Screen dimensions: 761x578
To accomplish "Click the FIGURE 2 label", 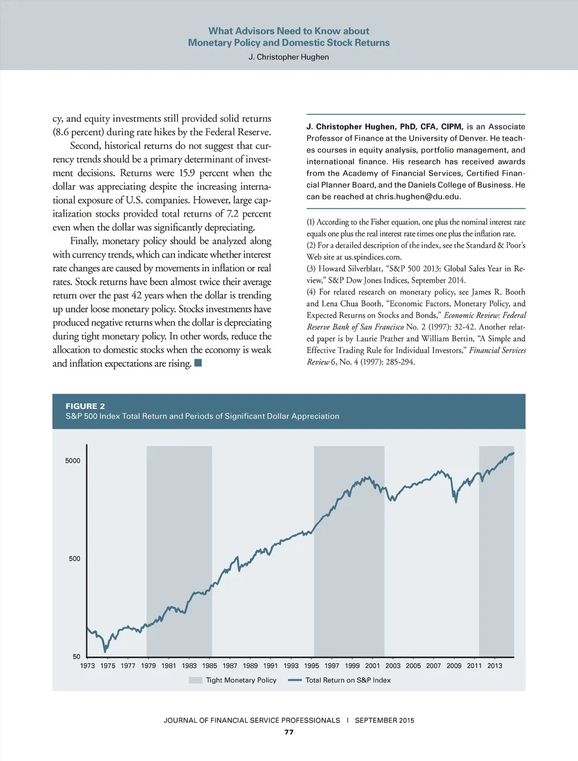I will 85,406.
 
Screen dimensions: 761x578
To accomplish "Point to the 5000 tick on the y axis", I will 73,461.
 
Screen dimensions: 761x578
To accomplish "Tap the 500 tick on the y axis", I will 75,558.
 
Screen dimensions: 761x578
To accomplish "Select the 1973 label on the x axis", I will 87,666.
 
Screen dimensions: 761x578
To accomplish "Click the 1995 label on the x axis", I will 312,666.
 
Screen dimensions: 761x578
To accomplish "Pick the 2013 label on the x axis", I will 494,666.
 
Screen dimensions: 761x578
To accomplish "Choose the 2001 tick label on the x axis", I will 373,666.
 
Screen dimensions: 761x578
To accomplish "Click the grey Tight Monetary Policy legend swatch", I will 195,680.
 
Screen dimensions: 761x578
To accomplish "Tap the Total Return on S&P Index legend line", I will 295,680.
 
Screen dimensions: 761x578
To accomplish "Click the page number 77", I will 289,732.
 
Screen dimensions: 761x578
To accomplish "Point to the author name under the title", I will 288,57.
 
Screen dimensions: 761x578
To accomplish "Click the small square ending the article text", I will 198,363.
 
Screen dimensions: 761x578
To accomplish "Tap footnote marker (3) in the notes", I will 311,269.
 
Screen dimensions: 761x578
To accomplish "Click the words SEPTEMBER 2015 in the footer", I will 384,720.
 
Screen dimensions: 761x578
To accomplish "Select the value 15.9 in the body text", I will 187,173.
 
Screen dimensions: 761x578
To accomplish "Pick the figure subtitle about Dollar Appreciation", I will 202,416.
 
